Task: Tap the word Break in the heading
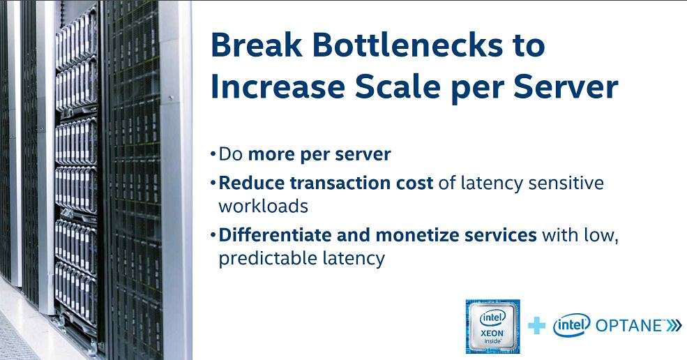pos(256,45)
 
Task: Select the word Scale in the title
pos(398,87)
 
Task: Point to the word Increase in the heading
pos(278,87)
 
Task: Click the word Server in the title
pos(566,87)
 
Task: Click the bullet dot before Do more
pos(213,154)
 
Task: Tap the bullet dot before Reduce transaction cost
pos(213,182)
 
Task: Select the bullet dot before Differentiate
pos(213,234)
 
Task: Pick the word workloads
pos(264,206)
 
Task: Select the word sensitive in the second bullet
pos(566,183)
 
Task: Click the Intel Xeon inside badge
pos(492,327)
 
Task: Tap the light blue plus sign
pos(537,326)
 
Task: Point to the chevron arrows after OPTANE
pos(674,326)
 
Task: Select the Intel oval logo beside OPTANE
pos(571,325)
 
